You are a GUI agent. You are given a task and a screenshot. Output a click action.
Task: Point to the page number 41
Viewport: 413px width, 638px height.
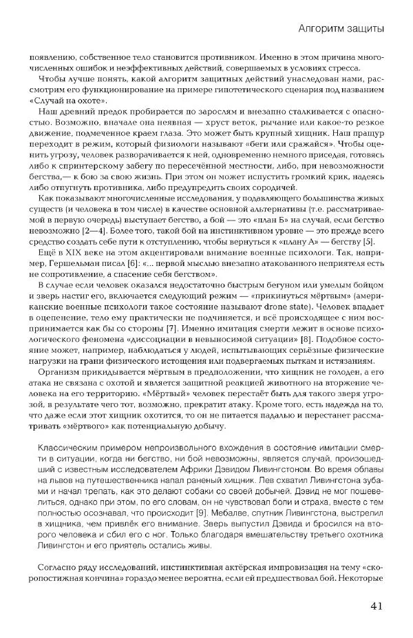pos(376,606)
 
